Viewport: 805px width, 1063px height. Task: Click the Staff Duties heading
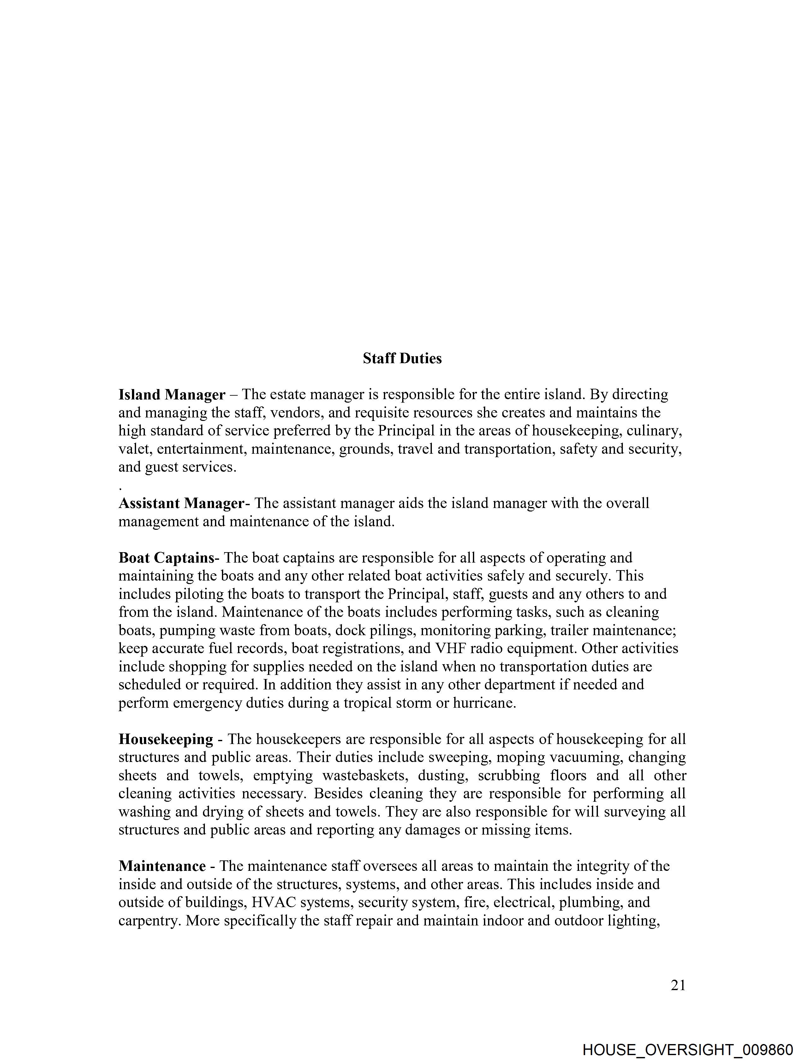402,358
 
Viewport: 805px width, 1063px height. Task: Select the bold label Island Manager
172,394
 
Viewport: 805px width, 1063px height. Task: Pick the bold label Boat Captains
166,558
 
